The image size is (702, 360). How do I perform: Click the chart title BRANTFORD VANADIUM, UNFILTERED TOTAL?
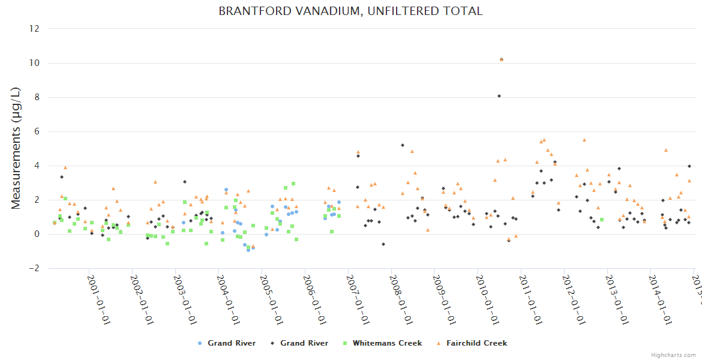350,11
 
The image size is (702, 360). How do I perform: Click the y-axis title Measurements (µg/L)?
16,148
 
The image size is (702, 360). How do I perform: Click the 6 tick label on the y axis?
37,131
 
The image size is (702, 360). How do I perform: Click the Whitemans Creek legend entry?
387,343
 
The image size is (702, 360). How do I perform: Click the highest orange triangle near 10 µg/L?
502,59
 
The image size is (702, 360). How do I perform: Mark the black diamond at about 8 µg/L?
499,95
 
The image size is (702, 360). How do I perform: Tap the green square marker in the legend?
344,343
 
